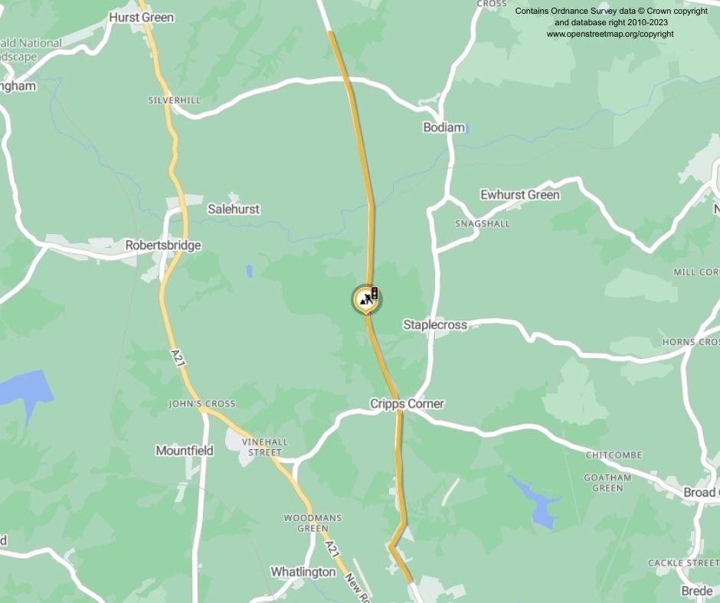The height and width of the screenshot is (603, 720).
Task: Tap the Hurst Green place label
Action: point(141,17)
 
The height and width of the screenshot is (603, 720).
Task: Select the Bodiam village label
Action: point(443,127)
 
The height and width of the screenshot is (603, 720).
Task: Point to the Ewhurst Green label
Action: point(519,194)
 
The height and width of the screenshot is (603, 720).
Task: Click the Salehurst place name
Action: point(234,209)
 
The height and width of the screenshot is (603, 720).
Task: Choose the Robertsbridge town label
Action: point(163,246)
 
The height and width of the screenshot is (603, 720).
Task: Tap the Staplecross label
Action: point(434,325)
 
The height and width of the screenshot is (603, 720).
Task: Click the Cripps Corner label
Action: point(407,403)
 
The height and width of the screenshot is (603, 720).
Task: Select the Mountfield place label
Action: point(185,451)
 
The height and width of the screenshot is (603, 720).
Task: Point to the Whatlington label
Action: point(303,572)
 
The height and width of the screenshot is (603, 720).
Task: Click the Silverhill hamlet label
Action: point(174,100)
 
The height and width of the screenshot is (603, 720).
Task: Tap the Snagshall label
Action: point(482,223)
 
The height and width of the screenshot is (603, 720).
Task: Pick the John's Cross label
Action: point(202,403)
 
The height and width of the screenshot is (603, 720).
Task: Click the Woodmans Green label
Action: point(313,523)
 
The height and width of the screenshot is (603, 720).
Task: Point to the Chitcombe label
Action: point(614,455)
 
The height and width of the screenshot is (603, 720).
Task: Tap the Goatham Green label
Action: point(607,483)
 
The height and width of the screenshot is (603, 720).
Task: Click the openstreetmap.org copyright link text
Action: point(610,34)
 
